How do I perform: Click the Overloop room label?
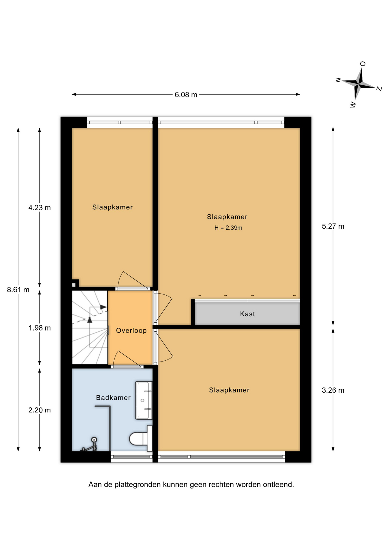click(131, 331)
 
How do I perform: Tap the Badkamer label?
click(113, 398)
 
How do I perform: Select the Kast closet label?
click(247, 314)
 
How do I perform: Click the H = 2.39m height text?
click(228, 228)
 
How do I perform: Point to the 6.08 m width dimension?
click(186, 95)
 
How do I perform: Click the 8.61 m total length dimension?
click(18, 290)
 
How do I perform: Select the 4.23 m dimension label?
click(40, 208)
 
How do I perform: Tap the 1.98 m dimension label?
click(40, 328)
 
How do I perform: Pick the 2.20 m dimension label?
click(40, 410)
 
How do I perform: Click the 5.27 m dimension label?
click(333, 226)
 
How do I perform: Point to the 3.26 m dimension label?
click(333, 390)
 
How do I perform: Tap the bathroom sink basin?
click(144, 400)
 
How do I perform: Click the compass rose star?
click(359, 84)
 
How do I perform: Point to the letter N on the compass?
click(338, 80)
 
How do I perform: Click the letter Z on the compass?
click(379, 89)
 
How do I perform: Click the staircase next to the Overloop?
click(90, 327)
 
